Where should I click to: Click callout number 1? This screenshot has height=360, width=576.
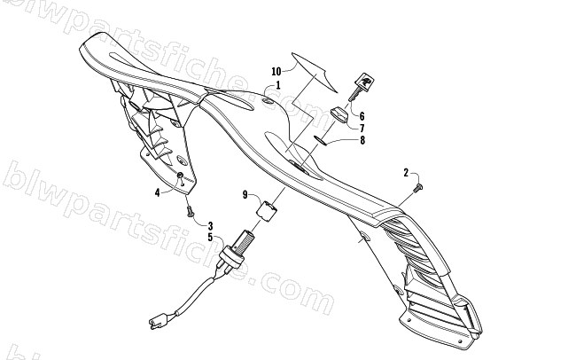[278, 85]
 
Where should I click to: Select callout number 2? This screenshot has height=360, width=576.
[406, 172]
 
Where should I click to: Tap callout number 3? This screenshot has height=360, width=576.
[211, 226]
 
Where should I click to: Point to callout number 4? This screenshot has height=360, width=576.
[157, 192]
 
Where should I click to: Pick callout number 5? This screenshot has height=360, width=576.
[210, 237]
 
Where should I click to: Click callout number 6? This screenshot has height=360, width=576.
[362, 116]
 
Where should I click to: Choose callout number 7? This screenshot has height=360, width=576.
[362, 129]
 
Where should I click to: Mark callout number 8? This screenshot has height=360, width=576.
[362, 140]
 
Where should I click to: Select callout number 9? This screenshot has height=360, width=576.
[245, 194]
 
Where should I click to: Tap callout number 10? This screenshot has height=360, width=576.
[276, 71]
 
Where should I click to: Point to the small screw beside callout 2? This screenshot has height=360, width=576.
[418, 188]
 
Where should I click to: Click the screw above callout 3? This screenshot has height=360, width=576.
[191, 211]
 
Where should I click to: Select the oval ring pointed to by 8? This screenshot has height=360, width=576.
[321, 140]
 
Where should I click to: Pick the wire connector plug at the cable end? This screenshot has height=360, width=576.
[156, 322]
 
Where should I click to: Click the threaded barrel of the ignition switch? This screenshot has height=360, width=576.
[244, 240]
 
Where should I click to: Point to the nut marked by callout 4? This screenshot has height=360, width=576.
[181, 176]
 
